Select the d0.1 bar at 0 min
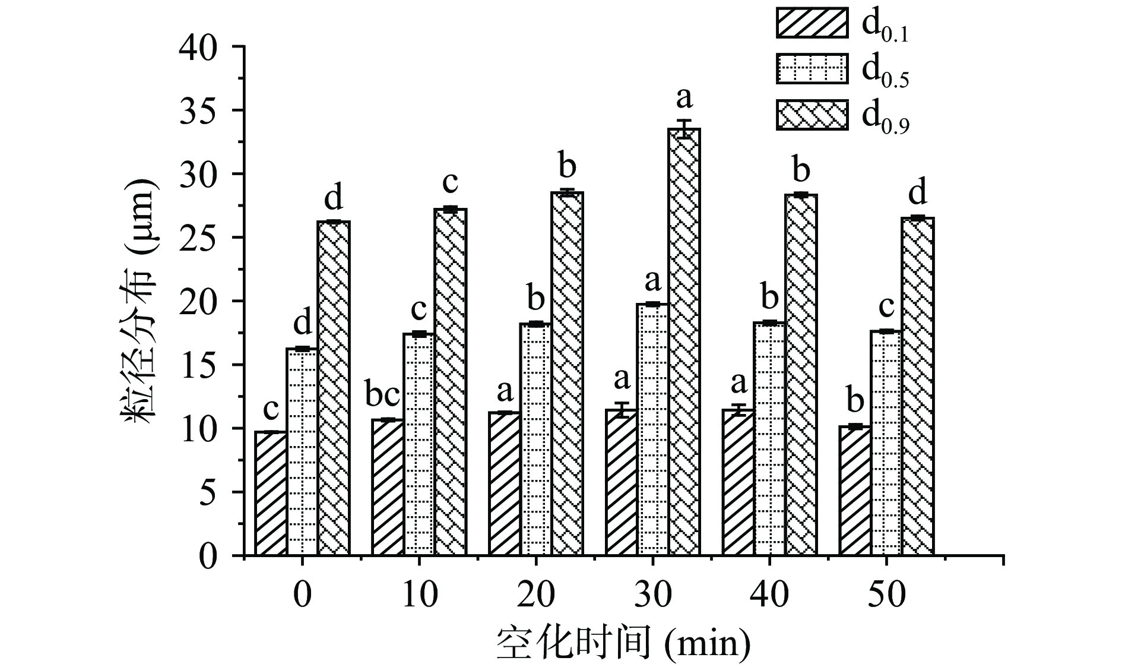point(271,493)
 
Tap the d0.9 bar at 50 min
point(918,386)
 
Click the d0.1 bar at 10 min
point(388,487)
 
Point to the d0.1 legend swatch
point(812,23)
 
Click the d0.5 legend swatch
point(812,68)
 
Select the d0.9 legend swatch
point(812,115)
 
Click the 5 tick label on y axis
point(207,492)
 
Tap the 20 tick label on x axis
point(535,593)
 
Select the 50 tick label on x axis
point(886,593)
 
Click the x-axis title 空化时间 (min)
point(623,642)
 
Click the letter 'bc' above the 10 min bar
point(386,395)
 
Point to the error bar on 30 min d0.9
point(684,128)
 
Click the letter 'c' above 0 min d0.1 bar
point(271,409)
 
